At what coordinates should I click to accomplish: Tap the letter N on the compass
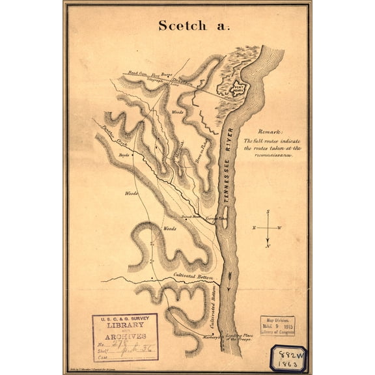tap(268, 246)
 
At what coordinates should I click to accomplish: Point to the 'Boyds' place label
tap(123, 154)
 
